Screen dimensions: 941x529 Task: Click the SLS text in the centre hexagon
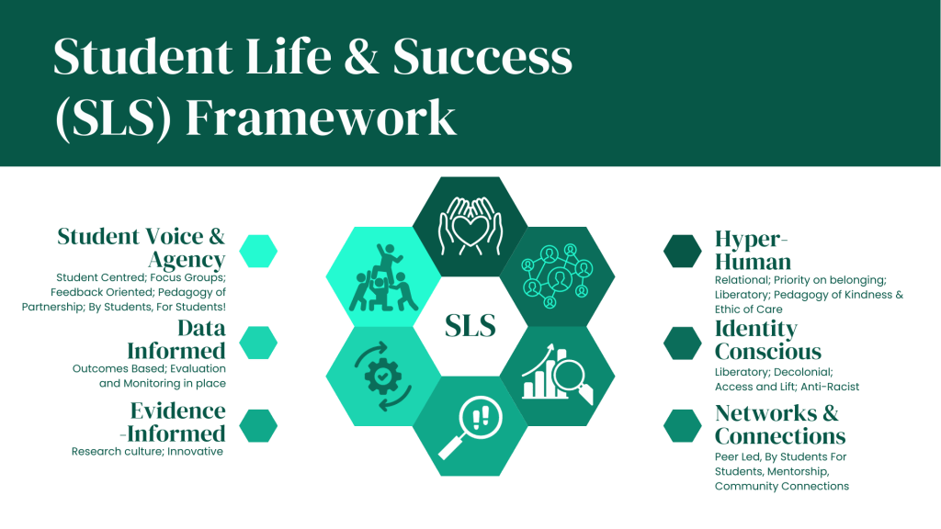pos(470,326)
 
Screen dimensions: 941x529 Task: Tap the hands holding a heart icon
pos(470,226)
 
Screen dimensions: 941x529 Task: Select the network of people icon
pos(557,276)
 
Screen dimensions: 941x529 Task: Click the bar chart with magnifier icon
pos(558,374)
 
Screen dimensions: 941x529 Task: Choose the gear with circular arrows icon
pos(383,376)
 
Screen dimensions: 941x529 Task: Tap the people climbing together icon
pos(383,277)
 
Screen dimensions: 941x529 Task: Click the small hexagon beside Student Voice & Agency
pos(258,251)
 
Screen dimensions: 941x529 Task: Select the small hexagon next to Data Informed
pos(258,343)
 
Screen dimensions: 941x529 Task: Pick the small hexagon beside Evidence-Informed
pos(258,426)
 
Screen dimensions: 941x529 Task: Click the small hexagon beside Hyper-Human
pos(683,251)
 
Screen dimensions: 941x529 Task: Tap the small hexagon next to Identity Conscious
pos(683,343)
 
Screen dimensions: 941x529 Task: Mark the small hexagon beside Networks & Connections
pos(683,426)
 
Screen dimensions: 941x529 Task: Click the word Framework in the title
pos(321,118)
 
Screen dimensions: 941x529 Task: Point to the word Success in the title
pos(482,56)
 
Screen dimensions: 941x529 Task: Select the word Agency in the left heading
pos(187,260)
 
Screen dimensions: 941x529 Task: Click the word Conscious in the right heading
pos(768,352)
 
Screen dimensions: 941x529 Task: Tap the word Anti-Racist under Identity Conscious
pos(830,387)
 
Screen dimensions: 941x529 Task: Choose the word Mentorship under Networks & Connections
pos(799,472)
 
